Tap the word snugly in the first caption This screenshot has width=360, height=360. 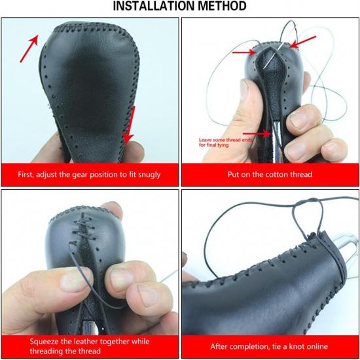[x=146, y=175]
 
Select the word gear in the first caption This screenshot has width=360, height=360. [x=80, y=175]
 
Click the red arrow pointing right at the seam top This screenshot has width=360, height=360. [x=243, y=52]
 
